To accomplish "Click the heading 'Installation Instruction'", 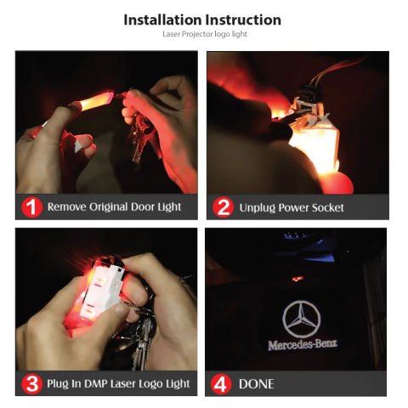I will click(202, 20).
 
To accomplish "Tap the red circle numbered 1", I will click(31, 207).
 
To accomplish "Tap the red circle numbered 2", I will click(223, 207).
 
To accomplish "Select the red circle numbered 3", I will click(31, 383).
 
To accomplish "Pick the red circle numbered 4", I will click(223, 383).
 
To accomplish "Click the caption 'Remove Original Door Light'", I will click(114, 207).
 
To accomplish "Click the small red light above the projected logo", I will click(296, 278).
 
